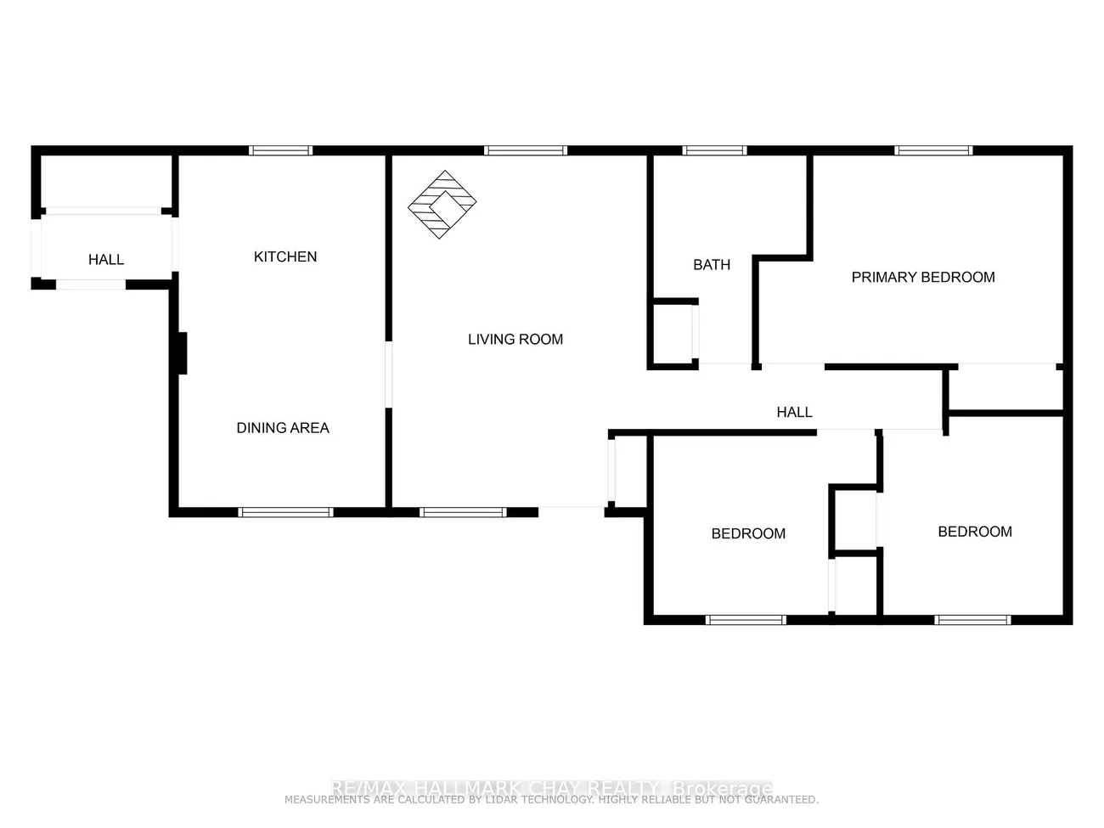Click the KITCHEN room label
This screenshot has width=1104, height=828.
point(285,256)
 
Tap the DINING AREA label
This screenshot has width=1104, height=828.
point(283,428)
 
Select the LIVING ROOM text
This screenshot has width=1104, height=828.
point(515,339)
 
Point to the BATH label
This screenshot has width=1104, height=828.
point(712,265)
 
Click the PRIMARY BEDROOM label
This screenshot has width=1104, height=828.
point(923,277)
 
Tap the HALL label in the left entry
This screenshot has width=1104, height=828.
point(106,260)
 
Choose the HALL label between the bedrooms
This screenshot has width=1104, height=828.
point(794,412)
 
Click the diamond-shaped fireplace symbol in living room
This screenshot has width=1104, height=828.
point(442,205)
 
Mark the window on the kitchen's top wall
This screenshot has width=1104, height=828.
point(281,150)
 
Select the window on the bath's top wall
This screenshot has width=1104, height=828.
point(715,150)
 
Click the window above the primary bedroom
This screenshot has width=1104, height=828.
point(933,150)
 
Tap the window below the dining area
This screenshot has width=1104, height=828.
point(285,512)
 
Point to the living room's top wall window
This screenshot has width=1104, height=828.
point(526,150)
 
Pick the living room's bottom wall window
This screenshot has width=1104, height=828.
point(463,512)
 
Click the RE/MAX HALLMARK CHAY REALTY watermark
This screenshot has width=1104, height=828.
point(552,788)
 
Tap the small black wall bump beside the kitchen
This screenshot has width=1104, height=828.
point(181,352)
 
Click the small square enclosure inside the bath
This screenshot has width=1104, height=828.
point(673,333)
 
